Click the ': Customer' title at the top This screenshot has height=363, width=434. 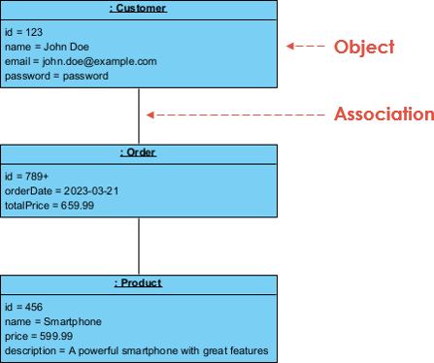coord(139,8)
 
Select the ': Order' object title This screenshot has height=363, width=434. coord(139,152)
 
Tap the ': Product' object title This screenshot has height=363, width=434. coord(139,282)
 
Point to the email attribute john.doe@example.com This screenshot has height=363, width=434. coord(81,60)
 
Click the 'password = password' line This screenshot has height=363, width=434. coord(56,75)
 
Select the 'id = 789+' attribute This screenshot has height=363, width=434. coord(27,176)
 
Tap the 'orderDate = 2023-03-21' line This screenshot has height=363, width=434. coord(62,190)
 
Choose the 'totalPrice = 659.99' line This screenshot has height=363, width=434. coord(50,205)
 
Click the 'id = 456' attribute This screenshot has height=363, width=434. coord(24,307)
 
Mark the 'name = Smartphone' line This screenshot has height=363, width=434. coord(53,321)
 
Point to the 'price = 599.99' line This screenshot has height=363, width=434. coord(39,336)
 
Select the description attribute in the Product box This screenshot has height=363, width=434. coord(136,350)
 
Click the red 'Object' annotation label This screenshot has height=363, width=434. coord(364,46)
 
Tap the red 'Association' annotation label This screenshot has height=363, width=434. coord(384,114)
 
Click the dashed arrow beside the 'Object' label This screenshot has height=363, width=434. coord(305,46)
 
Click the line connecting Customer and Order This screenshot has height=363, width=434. coord(139,116)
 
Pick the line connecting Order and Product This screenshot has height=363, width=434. coord(139,247)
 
